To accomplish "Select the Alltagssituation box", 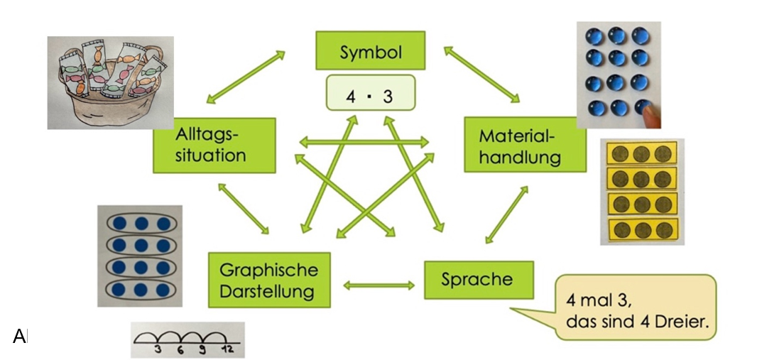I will point(214,146).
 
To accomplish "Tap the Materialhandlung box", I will point(525,146).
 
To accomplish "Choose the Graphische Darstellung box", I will point(268,280).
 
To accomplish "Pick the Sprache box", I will point(477,280).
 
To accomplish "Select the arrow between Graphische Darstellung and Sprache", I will point(378,285).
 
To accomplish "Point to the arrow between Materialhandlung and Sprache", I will point(507,213).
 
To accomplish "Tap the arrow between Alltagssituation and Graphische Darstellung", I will point(244,209).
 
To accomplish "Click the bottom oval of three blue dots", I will point(140,290).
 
